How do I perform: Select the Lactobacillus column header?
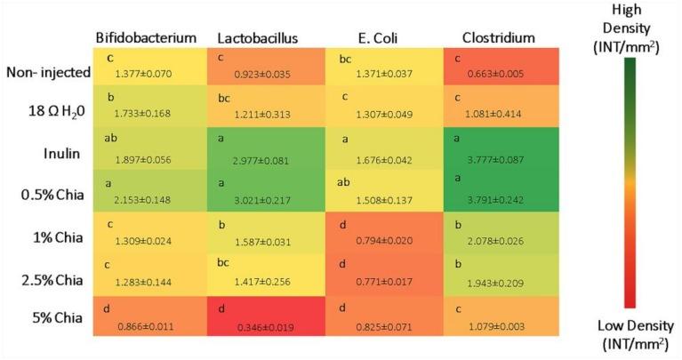click(257, 37)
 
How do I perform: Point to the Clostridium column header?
click(498, 37)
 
